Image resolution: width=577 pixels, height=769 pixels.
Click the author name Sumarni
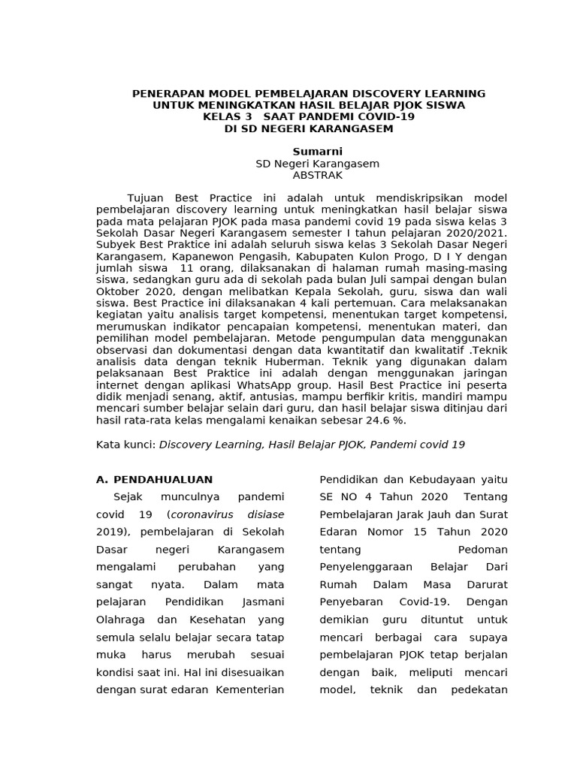317,152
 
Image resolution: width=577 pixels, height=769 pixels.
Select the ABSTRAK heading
317,175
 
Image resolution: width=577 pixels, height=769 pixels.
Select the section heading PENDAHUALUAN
163,479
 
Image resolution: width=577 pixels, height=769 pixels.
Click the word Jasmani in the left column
264,602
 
